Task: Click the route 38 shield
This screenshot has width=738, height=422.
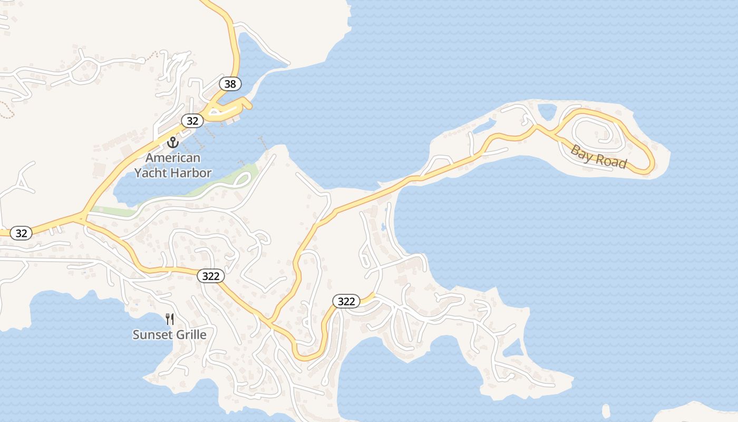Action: (230, 83)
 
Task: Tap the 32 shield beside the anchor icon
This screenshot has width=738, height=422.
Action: (192, 121)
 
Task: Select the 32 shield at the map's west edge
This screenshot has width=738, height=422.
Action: (21, 233)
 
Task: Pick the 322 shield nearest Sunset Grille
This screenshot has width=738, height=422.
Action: (211, 276)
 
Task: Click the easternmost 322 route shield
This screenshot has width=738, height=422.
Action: (346, 301)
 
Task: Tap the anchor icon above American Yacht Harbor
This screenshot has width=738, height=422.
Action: (172, 142)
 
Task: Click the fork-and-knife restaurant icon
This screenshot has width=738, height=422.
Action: (170, 319)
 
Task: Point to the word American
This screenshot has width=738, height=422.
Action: (173, 158)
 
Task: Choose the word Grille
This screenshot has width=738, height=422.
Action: (190, 334)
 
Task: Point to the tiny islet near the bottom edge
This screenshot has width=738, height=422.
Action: (606, 410)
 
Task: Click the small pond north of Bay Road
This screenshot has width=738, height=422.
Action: (547, 111)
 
